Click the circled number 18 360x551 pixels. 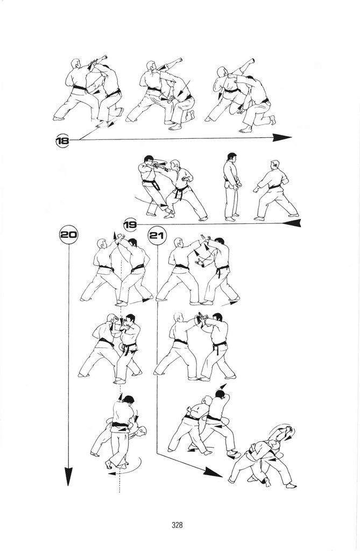tap(62, 140)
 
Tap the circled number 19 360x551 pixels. tap(130, 224)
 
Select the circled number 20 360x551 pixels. tap(68, 235)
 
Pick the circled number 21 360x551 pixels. tap(157, 235)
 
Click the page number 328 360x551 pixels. tap(177, 525)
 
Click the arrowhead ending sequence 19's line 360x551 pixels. tap(292, 223)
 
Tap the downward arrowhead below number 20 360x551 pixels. tap(68, 476)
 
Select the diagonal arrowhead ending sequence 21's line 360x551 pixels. tap(213, 472)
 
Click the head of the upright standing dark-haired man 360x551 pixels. tap(232, 157)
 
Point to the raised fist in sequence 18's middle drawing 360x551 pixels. tap(179, 60)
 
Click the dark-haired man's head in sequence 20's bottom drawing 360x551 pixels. tap(128, 400)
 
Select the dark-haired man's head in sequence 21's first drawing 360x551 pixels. tap(220, 242)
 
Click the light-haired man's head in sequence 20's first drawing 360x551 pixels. tap(102, 243)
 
